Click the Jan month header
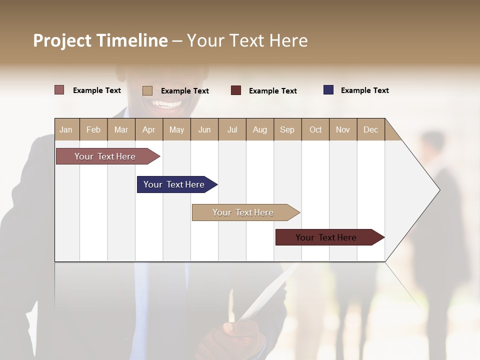click(66, 129)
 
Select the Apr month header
click(148, 129)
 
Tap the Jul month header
click(232, 129)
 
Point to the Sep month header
click(287, 129)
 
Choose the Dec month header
click(370, 129)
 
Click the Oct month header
click(315, 129)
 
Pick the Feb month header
click(93, 129)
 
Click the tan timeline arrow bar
click(245, 212)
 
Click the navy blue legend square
click(328, 90)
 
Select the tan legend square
click(147, 90)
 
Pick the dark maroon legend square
click(236, 90)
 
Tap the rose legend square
click(59, 90)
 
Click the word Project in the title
click(62, 40)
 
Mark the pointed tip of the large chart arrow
click(439, 190)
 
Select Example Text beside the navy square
click(364, 90)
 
